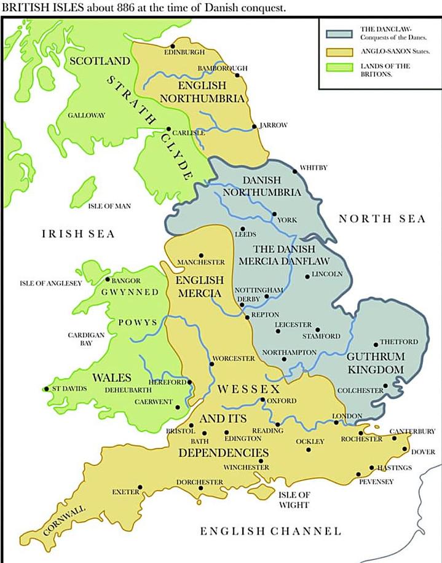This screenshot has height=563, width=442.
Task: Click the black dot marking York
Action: coord(274,214)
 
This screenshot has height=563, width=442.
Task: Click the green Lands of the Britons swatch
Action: coord(338,69)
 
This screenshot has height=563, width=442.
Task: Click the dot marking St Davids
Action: coord(47,388)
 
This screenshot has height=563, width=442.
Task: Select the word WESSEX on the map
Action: coord(248,390)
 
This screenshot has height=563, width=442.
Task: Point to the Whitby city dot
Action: coord(294,171)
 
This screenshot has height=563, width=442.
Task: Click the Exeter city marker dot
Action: coord(140,487)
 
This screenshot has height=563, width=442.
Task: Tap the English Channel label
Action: coord(270,530)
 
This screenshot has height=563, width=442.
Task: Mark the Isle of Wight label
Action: coord(294,500)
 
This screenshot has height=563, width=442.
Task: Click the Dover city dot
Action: coord(404,449)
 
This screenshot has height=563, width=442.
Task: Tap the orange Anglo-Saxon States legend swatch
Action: coord(338,50)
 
